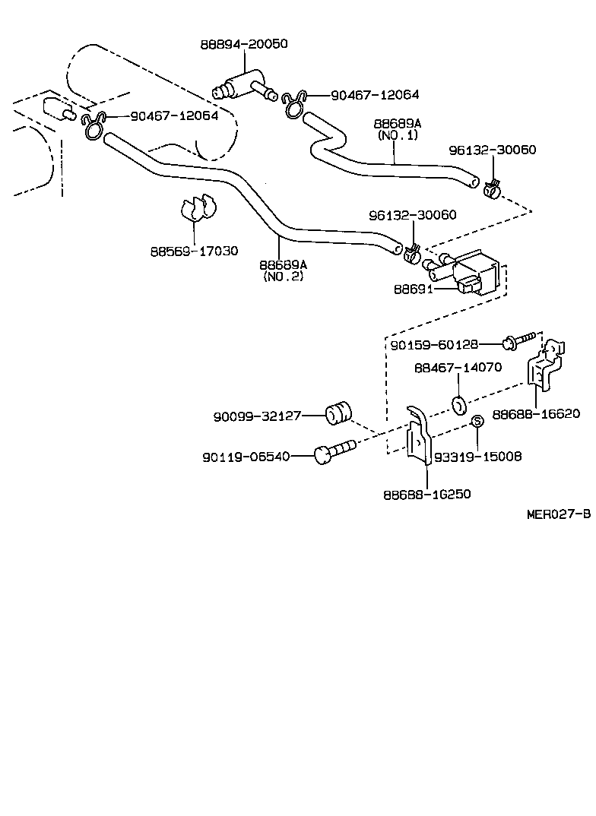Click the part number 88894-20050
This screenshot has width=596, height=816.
coord(244,45)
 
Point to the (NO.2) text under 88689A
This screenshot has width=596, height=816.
coord(283,277)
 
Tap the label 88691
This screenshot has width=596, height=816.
coord(414,289)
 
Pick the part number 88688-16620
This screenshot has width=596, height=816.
coord(536,414)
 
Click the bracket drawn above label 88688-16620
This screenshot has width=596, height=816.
coord(546,366)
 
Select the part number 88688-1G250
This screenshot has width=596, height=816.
coord(426,494)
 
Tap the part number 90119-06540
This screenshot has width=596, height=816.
coord(246,457)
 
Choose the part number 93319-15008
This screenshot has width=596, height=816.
coord(477,457)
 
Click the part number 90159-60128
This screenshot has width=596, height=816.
coord(435,345)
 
